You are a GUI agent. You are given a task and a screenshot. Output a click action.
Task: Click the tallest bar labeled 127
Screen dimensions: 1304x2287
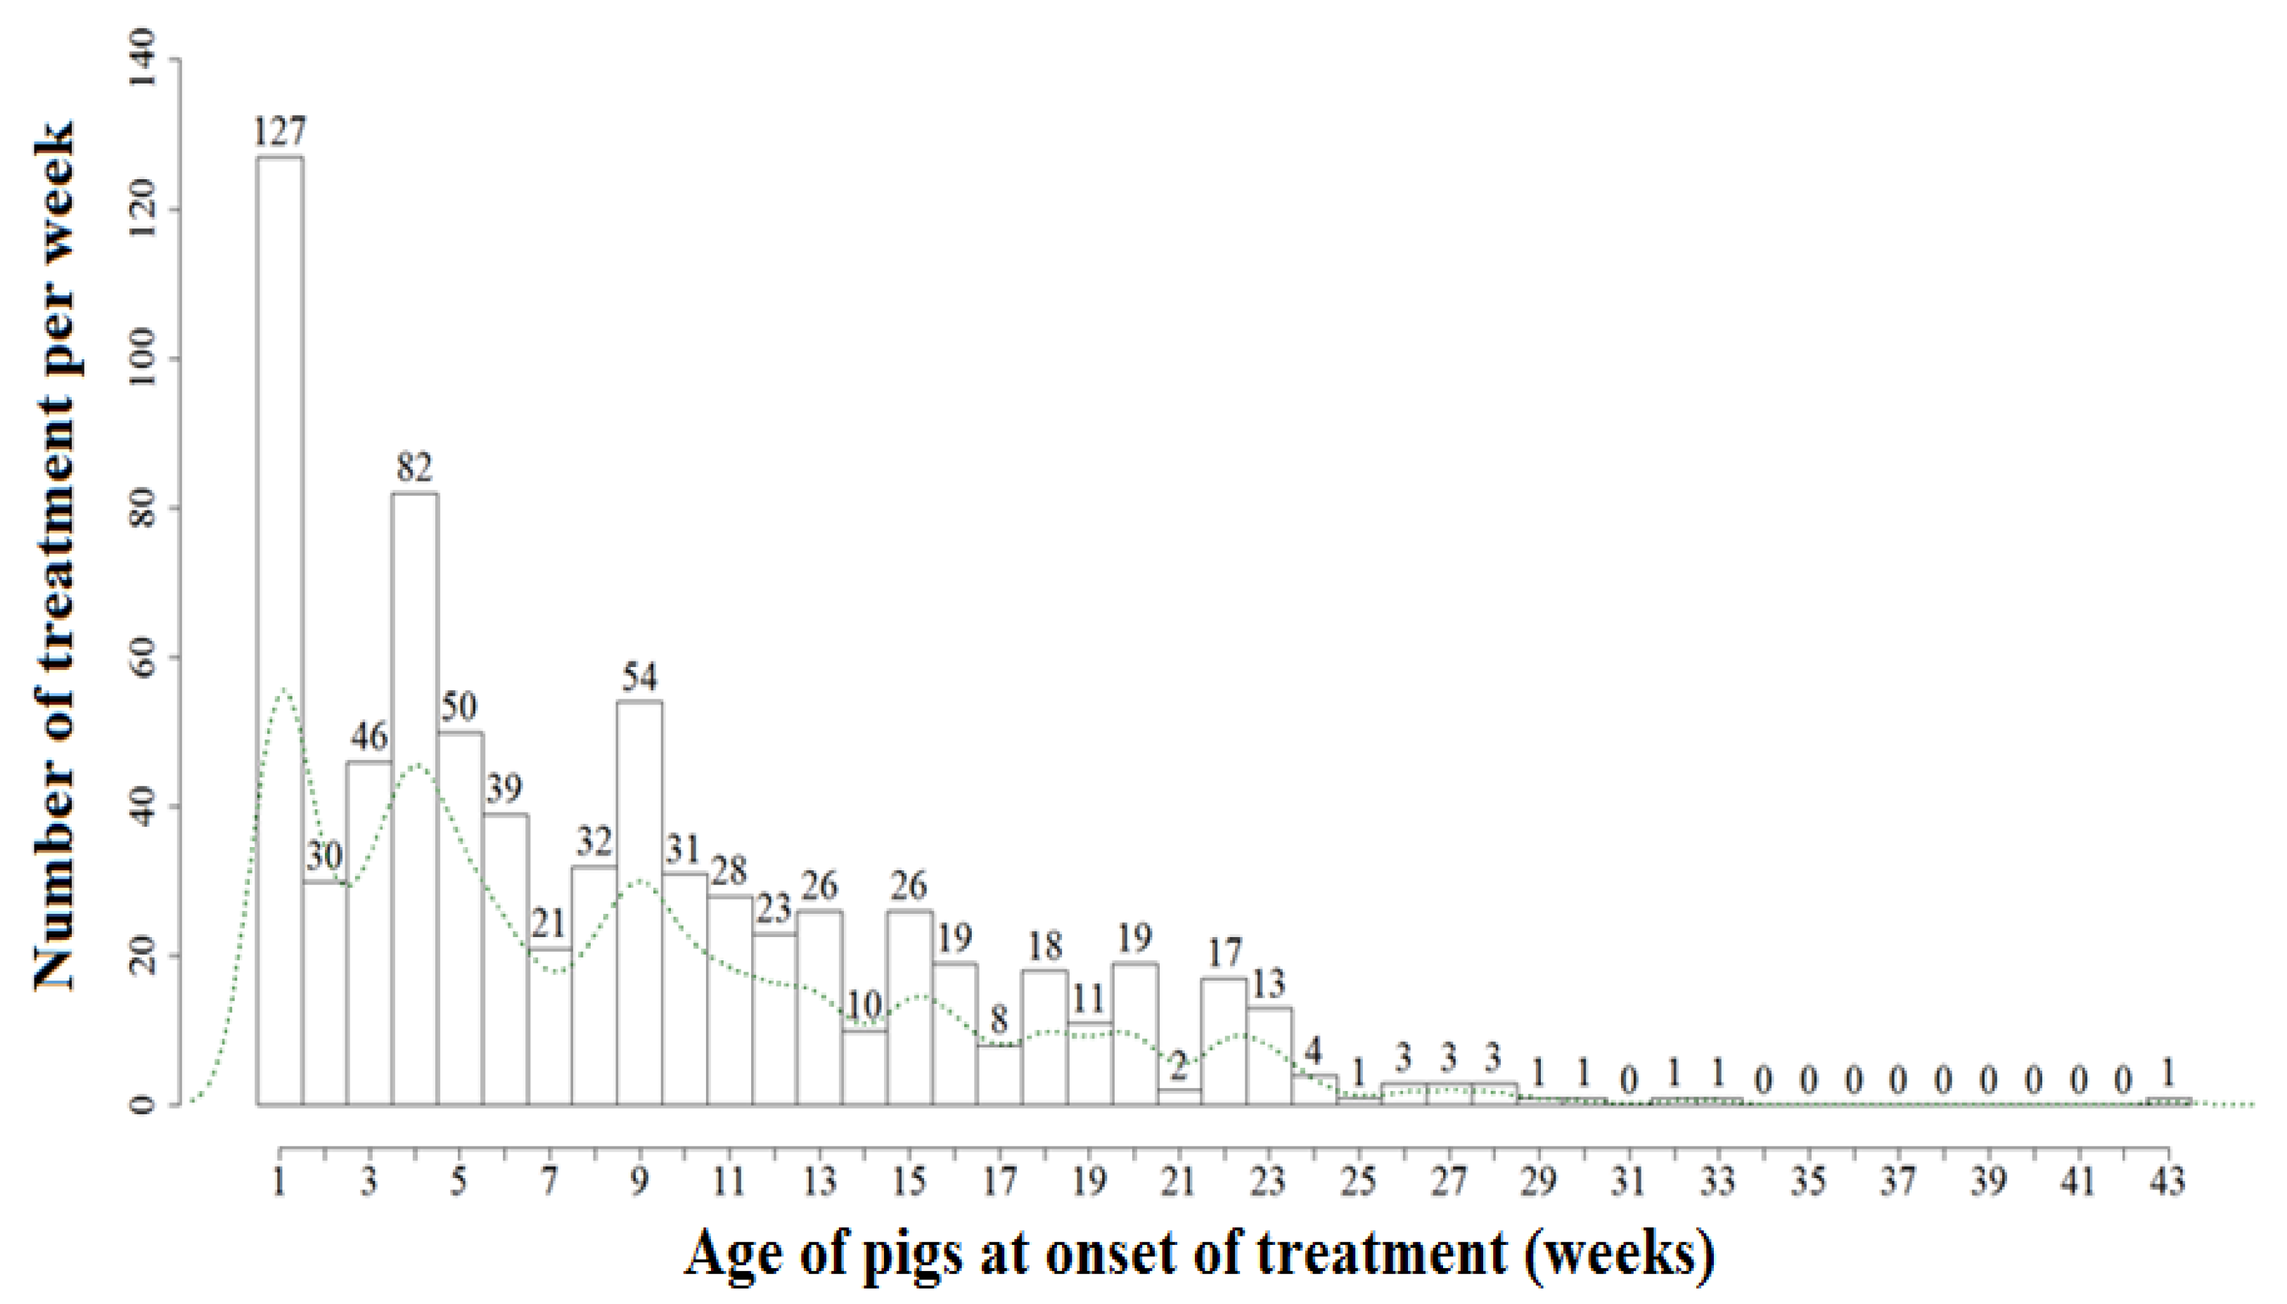pyautogui.click(x=279, y=627)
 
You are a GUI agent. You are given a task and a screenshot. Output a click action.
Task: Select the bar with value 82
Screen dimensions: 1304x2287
pyautogui.click(x=415, y=797)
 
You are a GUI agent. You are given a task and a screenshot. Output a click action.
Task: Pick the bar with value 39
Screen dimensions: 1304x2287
pyautogui.click(x=505, y=958)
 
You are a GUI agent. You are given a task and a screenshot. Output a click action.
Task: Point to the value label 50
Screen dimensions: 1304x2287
pyautogui.click(x=459, y=707)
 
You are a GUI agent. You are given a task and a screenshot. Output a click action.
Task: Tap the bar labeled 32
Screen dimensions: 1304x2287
pyautogui.click(x=594, y=985)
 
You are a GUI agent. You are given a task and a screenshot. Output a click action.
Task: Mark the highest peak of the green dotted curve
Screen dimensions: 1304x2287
pyautogui.click(x=284, y=690)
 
